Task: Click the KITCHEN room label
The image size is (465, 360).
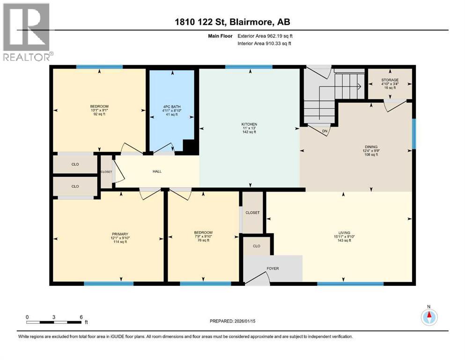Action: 249,124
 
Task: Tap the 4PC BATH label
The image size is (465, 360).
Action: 172,107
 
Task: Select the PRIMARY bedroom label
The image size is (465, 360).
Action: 120,234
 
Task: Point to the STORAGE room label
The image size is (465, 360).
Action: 390,80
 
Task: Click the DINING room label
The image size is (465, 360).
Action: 371,147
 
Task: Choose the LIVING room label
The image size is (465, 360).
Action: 344,233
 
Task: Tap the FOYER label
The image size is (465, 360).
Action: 273,269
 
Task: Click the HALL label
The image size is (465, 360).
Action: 157,172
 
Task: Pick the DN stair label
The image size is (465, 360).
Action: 325,131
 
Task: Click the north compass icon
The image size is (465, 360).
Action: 429,317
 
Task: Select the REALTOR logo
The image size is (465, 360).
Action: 27,32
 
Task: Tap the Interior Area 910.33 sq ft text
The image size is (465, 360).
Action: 264,44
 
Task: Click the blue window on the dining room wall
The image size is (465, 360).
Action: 414,134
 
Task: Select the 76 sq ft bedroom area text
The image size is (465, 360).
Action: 203,240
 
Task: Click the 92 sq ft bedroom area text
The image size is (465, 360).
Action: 99,114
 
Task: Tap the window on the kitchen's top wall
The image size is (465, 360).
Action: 249,67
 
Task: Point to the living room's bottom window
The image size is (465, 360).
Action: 351,284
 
